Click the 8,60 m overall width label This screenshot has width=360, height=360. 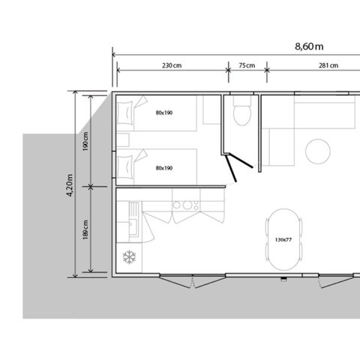tap(309, 46)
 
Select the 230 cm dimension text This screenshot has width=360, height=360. tap(172, 65)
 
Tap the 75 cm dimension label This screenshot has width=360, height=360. tap(247, 65)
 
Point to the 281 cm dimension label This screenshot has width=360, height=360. tap(328, 65)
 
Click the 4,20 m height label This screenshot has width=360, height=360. tap(70, 185)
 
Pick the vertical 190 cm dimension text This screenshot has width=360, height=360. tap(85, 141)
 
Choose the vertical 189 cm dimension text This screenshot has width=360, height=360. tap(85, 229)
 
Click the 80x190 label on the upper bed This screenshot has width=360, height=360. tap(164, 112)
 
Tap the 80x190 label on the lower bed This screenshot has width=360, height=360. tap(164, 168)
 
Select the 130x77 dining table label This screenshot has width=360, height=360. tap(283, 240)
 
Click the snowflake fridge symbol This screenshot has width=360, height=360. tap(129, 257)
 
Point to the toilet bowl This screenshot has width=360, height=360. tap(242, 115)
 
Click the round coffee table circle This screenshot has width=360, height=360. tap(318, 151)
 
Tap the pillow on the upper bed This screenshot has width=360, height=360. tap(125, 112)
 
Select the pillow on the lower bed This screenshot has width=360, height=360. tap(125, 167)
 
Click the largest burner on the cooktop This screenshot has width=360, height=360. tap(187, 205)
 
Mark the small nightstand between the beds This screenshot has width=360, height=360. tap(123, 140)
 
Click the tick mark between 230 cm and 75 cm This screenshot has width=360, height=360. tap(228, 70)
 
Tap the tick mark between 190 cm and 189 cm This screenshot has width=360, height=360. tap(91, 187)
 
